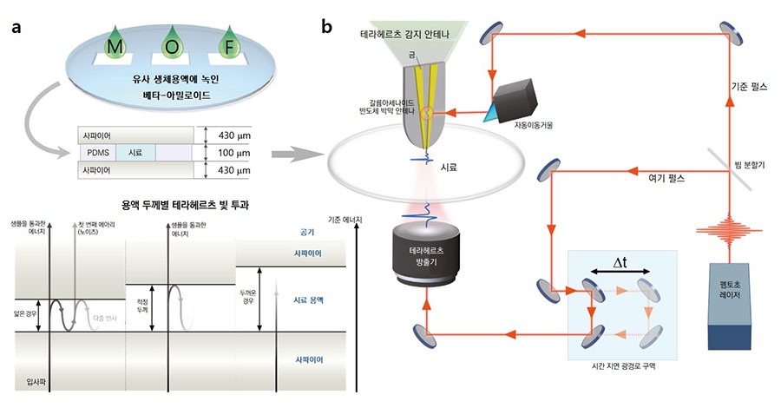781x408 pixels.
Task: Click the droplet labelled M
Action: (113, 46)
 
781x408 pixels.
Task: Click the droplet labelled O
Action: (172, 45)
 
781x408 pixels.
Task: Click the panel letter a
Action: (16, 27)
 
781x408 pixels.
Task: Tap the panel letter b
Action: (326, 27)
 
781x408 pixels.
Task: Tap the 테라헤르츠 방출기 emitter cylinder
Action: (423, 261)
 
